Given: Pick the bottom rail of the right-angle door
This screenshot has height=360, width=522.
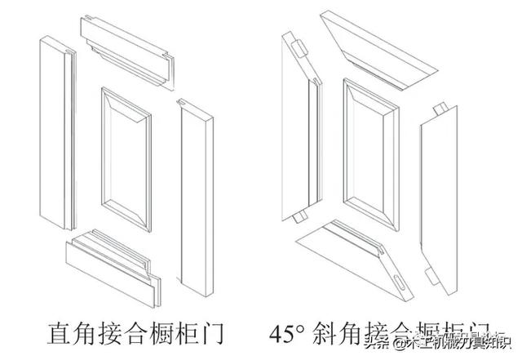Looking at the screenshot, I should (x=114, y=261).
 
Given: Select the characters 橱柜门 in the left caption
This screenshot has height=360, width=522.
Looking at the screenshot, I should (x=188, y=332).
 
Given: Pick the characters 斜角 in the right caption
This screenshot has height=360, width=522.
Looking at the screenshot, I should (x=334, y=332).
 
